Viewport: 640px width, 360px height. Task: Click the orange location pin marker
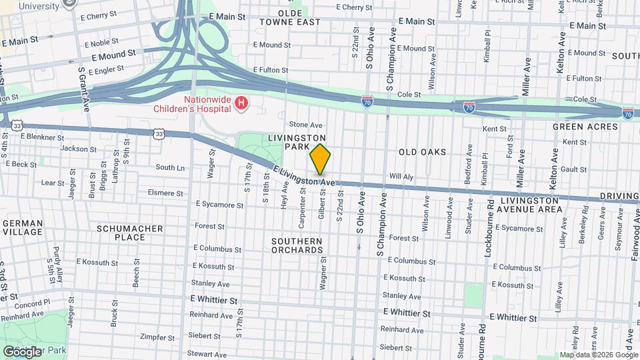(x=320, y=159)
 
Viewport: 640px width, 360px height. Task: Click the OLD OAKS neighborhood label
(x=422, y=152)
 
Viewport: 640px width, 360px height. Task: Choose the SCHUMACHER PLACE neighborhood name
(x=130, y=233)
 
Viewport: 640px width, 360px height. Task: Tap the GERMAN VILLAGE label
(x=23, y=228)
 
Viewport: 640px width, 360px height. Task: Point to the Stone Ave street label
(x=305, y=125)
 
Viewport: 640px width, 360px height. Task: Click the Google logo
(x=22, y=351)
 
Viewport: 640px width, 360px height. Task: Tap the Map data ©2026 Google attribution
(x=598, y=355)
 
